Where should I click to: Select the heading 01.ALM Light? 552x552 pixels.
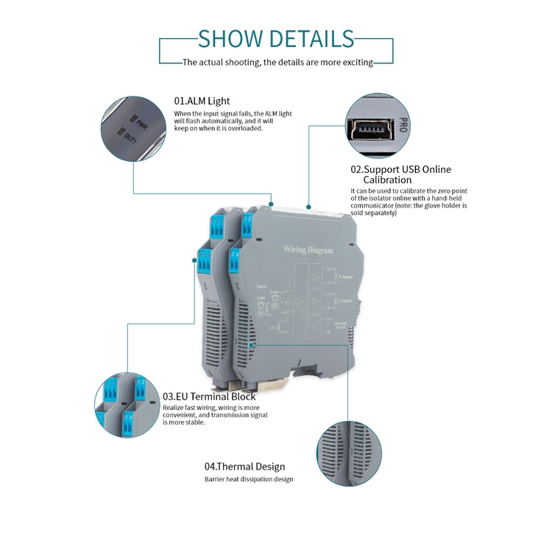[202, 101]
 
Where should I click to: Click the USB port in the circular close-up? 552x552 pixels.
[372, 129]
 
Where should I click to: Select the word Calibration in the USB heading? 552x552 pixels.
[387, 180]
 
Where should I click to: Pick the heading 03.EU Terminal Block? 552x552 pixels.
[209, 397]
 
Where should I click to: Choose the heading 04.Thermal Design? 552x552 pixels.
[244, 466]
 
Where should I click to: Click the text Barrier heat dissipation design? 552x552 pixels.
[249, 479]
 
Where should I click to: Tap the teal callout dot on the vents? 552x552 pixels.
[252, 344]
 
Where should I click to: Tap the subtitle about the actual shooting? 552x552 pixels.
[277, 63]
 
